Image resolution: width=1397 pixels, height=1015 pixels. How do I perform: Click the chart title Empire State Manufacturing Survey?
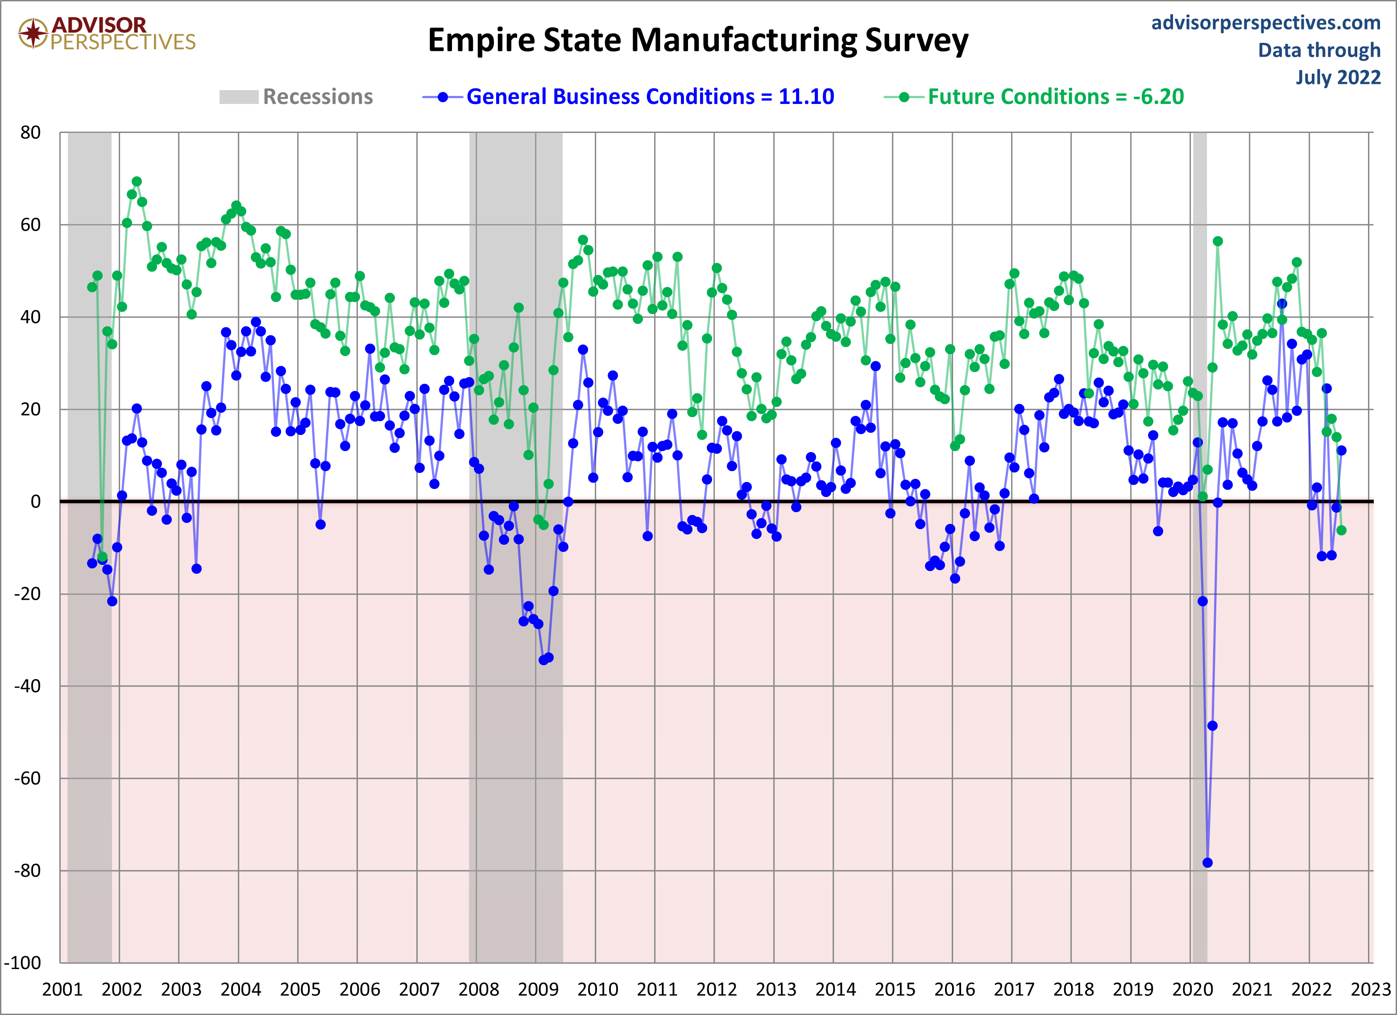coord(697,41)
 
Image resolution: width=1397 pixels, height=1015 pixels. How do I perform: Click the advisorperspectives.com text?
coord(1265,23)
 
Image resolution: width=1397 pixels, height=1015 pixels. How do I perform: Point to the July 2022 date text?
coord(1337,78)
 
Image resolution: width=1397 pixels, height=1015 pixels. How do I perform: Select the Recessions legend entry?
coord(296,97)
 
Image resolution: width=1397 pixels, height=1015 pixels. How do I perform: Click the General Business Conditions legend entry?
coord(628,97)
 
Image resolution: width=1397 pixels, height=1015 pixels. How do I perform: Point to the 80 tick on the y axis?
coord(30,133)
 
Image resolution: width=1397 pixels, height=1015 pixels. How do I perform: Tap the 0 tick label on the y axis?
coord(36,501)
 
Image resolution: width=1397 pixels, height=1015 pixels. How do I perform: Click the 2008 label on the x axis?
coord(479,990)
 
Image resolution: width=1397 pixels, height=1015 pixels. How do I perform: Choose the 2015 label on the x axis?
coord(895,990)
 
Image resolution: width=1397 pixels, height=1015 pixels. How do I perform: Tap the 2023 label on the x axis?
coord(1371,990)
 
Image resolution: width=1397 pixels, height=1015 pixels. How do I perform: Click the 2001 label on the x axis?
coord(62,990)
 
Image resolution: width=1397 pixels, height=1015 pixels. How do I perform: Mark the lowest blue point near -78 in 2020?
coord(1207,863)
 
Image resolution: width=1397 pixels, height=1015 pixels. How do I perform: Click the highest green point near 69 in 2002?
coord(137,182)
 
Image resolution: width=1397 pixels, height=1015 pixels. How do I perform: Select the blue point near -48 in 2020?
coord(1212,725)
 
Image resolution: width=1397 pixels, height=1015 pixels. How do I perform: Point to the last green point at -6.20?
coord(1342,530)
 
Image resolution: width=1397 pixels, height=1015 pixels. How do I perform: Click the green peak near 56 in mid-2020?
coord(1218,241)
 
